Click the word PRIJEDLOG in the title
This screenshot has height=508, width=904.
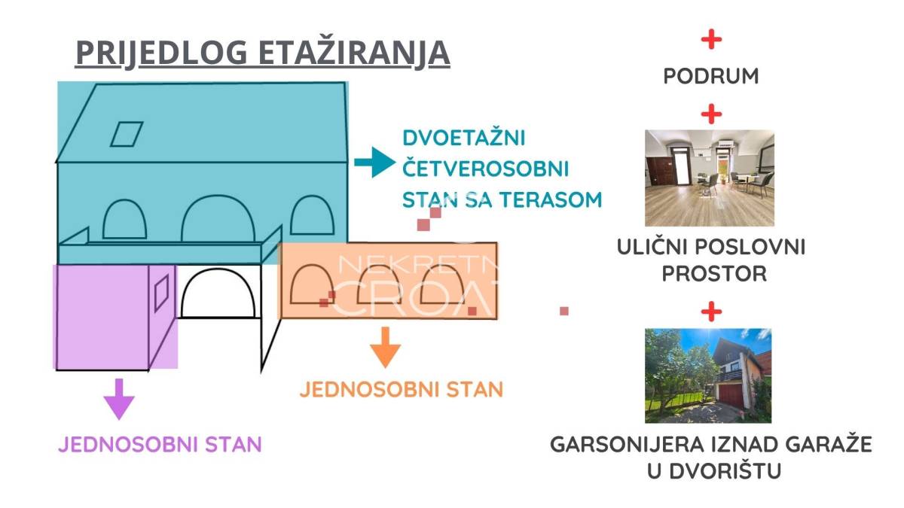click(x=161, y=53)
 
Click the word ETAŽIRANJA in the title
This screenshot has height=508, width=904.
click(x=354, y=52)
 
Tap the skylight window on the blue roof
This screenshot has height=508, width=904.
click(x=127, y=134)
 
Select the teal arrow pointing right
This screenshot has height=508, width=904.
click(x=375, y=162)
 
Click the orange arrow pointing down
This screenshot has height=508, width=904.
click(x=386, y=347)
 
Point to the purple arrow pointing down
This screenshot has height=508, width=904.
click(x=119, y=399)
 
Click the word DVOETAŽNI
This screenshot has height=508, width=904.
click(x=464, y=138)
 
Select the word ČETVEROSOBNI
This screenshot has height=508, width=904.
click(x=486, y=168)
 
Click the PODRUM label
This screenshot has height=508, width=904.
click(x=711, y=76)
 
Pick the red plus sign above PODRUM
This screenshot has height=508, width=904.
click(x=711, y=39)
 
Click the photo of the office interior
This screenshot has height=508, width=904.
click(x=710, y=178)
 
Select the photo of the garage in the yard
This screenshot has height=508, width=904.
click(x=708, y=376)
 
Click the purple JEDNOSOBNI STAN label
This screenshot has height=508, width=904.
click(x=160, y=444)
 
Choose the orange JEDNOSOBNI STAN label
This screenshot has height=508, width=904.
click(x=402, y=390)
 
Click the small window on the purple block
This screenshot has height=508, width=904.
click(x=161, y=292)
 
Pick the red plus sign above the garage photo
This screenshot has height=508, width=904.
click(x=711, y=312)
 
